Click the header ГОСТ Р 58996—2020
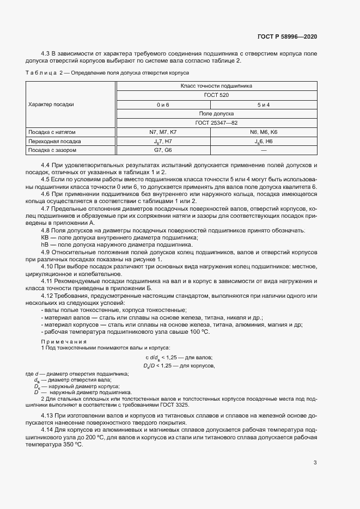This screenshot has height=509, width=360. click(x=287, y=37)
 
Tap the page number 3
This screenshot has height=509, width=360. click(x=315, y=463)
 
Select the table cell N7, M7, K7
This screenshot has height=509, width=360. click(x=163, y=132)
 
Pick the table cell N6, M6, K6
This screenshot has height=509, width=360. click(x=264, y=132)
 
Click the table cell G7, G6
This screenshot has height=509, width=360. click(x=163, y=150)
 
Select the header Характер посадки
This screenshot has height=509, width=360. click(x=51, y=104)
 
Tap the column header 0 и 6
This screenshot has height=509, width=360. click(x=163, y=104)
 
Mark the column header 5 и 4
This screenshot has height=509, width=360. click(x=264, y=104)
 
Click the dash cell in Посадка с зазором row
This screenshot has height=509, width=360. click(x=264, y=150)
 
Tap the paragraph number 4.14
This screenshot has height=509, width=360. click(x=48, y=430)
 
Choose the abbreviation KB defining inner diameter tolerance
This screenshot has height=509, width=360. click(x=45, y=237)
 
